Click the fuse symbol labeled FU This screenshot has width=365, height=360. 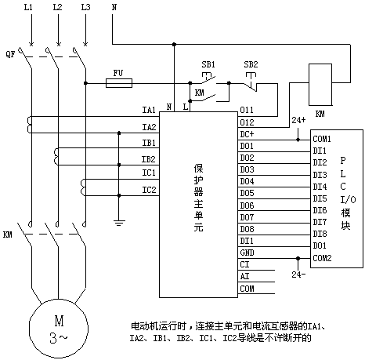[x=119, y=83]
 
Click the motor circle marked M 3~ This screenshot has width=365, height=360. [x=59, y=329]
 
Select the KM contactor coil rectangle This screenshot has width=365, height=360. [x=320, y=85]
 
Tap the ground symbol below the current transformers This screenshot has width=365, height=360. [x=119, y=223]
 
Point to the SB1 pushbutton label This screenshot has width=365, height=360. [x=208, y=64]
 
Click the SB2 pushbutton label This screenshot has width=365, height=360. [x=251, y=64]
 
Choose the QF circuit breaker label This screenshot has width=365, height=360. [x=10, y=54]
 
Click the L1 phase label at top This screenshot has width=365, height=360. [x=28, y=7]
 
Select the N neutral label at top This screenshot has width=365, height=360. [x=114, y=7]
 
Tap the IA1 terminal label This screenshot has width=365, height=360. [x=149, y=110]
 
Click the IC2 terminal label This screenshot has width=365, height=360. [x=149, y=190]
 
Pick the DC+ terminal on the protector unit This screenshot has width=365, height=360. [x=247, y=134]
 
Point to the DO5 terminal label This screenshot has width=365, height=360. [x=247, y=193]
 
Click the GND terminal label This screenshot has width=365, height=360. [x=247, y=253]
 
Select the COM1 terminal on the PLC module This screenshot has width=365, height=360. [x=322, y=139]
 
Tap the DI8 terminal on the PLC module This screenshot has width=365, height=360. [x=320, y=234]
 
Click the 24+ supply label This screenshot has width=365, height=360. [x=298, y=120]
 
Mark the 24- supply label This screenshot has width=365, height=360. [x=298, y=275]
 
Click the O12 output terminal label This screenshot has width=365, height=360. [x=247, y=122]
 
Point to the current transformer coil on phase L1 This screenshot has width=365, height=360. [x=29, y=125]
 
